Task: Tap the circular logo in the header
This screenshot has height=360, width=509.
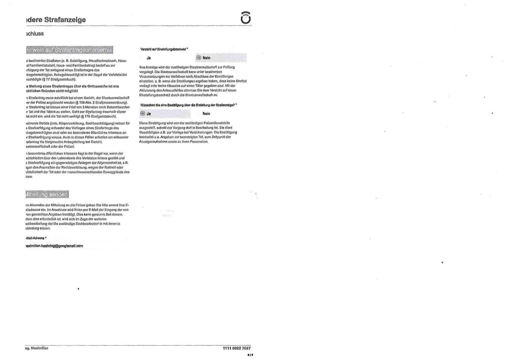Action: coord(246,18)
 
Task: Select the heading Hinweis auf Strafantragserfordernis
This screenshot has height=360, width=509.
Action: coord(69,50)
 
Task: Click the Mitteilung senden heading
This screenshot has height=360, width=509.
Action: coord(47,195)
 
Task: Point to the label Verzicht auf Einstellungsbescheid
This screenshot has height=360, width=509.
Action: coord(164,49)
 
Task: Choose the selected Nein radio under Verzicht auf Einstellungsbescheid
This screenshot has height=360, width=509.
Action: coord(198,58)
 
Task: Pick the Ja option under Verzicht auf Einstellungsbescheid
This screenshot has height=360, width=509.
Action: coord(143,58)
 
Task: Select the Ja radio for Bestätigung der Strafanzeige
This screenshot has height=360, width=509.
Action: coord(143,114)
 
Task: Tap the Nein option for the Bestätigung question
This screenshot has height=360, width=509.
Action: coord(199,114)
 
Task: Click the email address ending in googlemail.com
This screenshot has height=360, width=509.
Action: coord(54,246)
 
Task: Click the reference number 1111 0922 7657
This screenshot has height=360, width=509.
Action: coord(236,348)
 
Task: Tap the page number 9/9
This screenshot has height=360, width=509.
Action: coord(250,355)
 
